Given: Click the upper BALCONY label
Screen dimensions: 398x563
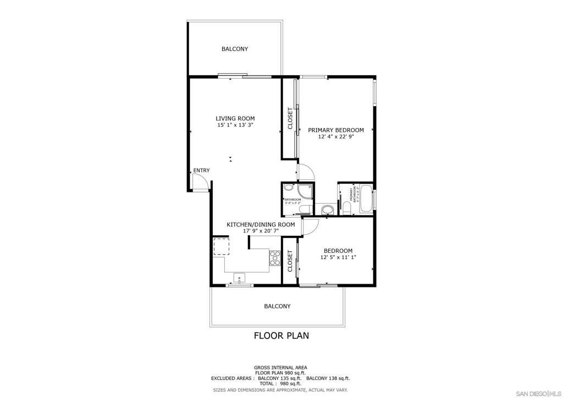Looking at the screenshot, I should (235, 49).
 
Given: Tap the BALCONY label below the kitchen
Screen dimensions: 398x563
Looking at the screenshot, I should (277, 306).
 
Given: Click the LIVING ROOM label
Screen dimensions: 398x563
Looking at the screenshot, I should (235, 118).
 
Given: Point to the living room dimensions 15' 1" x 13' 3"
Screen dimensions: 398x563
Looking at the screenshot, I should (235, 125).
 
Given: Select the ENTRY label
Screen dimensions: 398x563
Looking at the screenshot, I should (201, 170).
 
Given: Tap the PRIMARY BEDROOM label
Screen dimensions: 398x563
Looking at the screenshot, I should (335, 130).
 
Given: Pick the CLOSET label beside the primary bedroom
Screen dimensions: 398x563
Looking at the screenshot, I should (290, 118).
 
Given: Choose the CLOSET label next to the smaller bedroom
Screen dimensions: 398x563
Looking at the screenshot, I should (290, 261).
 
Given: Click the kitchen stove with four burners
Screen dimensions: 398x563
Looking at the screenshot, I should (275, 257).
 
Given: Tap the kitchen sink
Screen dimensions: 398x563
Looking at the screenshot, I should (240, 277).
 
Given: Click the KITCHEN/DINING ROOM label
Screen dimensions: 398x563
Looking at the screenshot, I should (261, 224).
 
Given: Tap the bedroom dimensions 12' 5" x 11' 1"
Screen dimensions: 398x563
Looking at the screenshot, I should (338, 257).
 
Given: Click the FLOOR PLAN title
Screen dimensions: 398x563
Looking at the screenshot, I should (281, 335).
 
